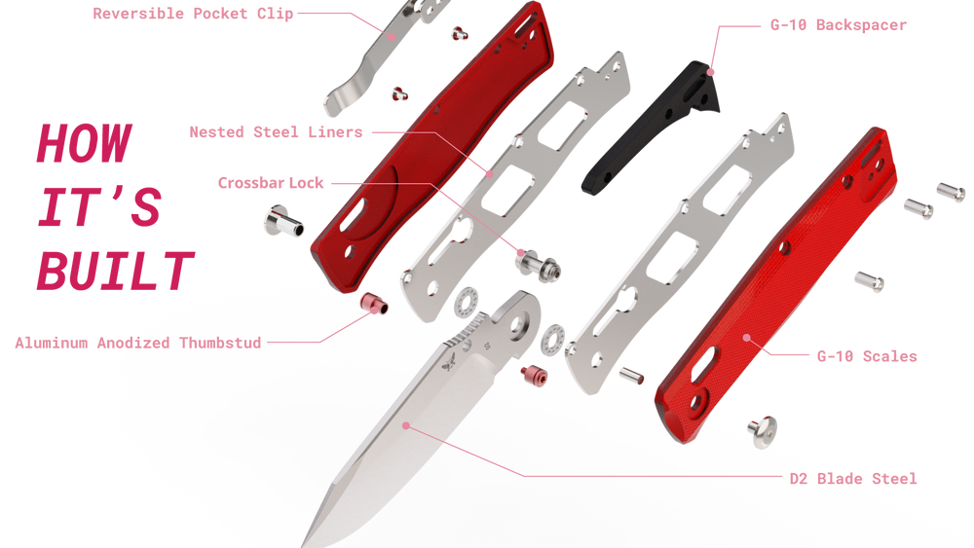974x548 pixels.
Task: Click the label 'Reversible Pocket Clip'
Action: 193,14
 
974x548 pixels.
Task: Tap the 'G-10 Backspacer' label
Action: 838,25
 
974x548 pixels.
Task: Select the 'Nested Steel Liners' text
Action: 276,132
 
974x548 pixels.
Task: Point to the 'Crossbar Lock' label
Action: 271,183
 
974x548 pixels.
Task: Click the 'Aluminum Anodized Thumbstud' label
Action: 138,344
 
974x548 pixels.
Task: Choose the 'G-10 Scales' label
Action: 867,356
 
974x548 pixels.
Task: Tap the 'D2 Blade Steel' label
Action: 853,479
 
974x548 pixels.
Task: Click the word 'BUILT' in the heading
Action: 116,272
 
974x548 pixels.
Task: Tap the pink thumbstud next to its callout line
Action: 374,304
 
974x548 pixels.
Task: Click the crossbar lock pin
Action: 538,265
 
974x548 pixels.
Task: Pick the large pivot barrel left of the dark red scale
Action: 283,221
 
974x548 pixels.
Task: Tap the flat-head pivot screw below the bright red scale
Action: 763,431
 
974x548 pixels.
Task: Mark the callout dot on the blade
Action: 405,425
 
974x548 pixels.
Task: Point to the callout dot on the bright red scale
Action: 747,338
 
